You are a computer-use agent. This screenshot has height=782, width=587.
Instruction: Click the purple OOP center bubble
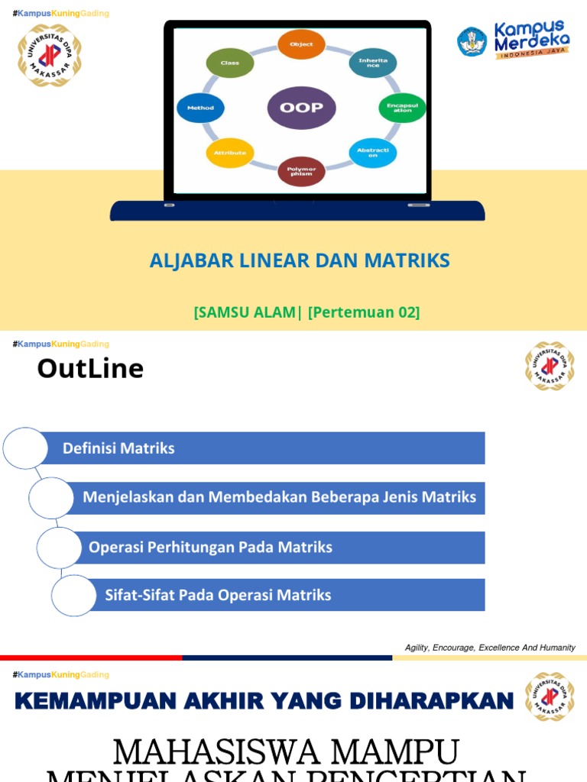(301, 108)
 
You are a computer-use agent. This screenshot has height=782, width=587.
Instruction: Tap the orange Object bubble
(301, 44)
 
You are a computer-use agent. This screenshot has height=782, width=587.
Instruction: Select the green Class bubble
(230, 63)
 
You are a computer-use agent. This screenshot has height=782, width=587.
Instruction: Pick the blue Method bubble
(200, 108)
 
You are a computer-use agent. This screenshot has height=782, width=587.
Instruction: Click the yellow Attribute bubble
(230, 153)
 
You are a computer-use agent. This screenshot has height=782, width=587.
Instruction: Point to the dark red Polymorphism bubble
(301, 171)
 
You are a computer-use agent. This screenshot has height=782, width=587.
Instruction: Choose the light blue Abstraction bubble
(373, 153)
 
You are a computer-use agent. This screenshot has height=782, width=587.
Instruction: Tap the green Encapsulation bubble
(402, 108)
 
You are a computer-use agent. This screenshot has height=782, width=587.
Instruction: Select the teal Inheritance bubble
(373, 63)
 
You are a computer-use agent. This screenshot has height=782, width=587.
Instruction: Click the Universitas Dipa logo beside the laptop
(50, 55)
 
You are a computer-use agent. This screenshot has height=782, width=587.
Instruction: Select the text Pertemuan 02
(364, 312)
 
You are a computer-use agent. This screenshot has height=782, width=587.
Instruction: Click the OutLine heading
(90, 369)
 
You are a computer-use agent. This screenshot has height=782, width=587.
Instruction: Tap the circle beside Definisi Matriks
(25, 448)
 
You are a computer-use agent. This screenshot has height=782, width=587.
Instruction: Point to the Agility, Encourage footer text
(490, 648)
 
